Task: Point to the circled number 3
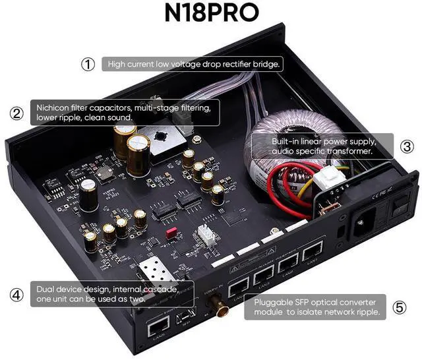[407, 146]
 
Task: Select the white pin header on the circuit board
[206, 235]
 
